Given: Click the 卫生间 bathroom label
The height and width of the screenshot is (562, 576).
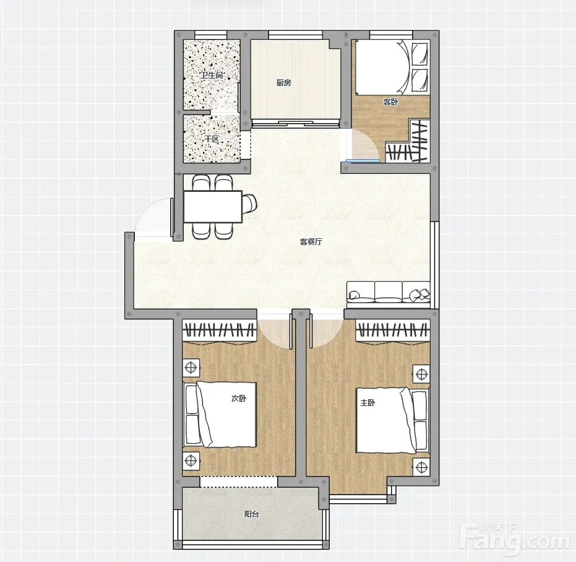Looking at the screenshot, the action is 212,76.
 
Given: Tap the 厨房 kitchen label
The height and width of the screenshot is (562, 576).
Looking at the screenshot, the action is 284,83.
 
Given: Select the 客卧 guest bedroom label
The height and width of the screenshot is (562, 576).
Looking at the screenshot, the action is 390,102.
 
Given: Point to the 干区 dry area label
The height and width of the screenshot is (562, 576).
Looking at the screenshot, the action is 212,139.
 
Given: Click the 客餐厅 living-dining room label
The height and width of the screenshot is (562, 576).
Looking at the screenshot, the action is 311,242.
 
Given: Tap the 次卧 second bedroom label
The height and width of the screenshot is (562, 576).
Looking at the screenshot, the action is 239,399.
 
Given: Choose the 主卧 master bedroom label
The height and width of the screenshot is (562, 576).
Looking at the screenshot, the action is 368,403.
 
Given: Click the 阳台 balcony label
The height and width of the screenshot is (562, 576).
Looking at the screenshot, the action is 252,514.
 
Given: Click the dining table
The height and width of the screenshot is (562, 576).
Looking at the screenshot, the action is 213,206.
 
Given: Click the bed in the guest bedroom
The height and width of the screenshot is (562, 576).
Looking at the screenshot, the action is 391,67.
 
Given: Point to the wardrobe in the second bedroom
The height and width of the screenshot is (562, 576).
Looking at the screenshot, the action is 220,332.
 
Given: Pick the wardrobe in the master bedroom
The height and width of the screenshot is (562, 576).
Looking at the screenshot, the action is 393,332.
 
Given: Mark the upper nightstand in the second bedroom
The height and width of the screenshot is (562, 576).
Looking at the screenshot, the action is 191,367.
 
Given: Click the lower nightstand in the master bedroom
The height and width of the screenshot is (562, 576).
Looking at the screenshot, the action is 421,467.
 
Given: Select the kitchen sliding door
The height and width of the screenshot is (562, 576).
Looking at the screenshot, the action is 295,123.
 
